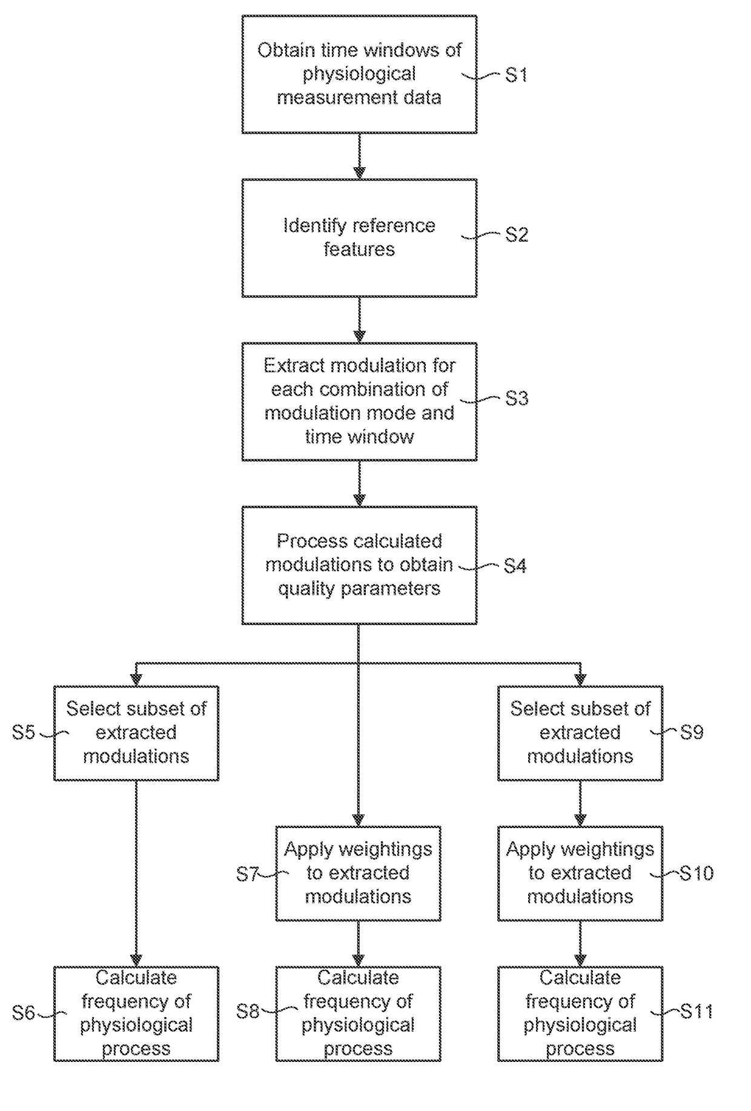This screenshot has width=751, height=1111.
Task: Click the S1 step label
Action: click(517, 75)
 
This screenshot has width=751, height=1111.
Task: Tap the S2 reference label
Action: click(517, 234)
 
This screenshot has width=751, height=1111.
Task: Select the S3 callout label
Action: click(517, 398)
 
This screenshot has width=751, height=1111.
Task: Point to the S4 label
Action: click(515, 566)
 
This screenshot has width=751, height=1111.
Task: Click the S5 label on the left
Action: click(24, 732)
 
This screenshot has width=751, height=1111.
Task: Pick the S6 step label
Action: click(24, 1012)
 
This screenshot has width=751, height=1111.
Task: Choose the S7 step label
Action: click(248, 874)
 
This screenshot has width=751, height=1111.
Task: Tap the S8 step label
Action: click(248, 1011)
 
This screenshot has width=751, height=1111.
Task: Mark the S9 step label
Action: click(692, 732)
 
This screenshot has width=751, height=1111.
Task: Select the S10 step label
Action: click(696, 873)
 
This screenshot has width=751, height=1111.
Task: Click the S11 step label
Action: click(696, 1011)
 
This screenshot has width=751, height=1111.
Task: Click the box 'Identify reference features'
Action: click(359, 237)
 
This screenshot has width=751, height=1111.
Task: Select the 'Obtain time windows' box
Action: click(359, 74)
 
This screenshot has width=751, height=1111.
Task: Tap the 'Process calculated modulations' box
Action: click(359, 565)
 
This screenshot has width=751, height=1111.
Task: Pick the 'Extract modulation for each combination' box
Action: click(359, 402)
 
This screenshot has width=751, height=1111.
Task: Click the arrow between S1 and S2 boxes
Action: click(359, 156)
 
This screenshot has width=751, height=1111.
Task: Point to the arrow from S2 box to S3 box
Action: click(359, 320)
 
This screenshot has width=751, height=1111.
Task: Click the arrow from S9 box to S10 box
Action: click(580, 803)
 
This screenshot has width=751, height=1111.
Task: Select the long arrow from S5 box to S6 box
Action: click(136, 873)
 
